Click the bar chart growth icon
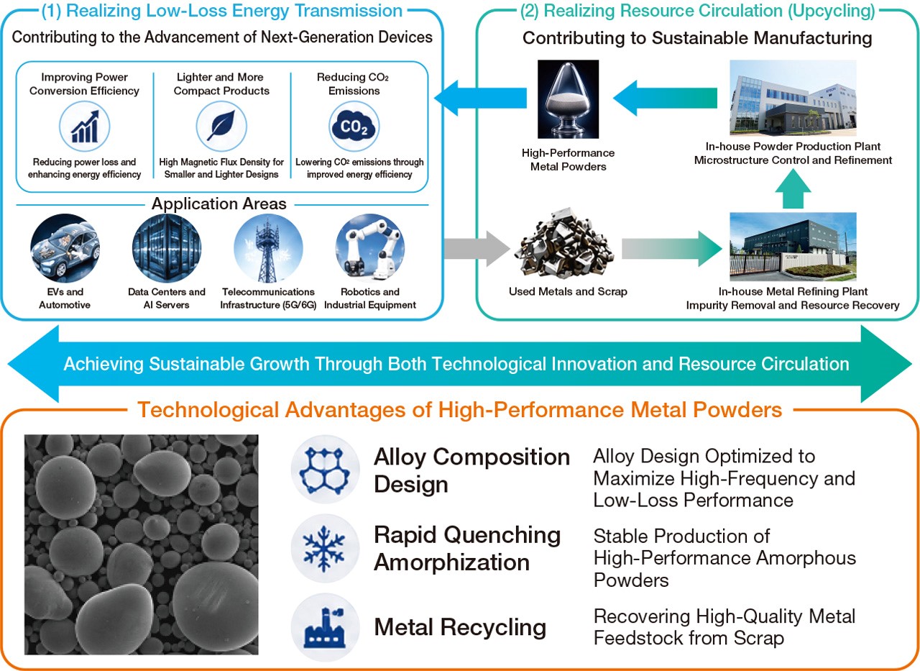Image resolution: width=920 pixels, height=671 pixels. (x=85, y=126)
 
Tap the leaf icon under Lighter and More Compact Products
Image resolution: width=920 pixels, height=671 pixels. (x=221, y=126)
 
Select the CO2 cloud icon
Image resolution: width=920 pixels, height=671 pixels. (x=354, y=126)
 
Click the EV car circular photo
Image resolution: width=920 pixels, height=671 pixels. (x=65, y=248)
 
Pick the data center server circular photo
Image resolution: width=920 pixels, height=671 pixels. (x=167, y=248)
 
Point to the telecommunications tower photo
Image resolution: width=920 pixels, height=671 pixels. (x=268, y=248)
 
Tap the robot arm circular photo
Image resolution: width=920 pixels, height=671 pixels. (x=370, y=248)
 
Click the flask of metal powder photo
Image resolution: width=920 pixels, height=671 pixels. (x=568, y=99)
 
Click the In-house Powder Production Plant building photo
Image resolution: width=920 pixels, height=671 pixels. (x=793, y=98)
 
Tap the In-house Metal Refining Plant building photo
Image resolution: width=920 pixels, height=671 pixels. (x=793, y=247)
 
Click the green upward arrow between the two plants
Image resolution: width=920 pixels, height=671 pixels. (x=793, y=189)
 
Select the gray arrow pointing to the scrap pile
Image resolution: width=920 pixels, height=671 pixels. (x=477, y=249)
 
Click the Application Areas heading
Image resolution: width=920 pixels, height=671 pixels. (x=219, y=204)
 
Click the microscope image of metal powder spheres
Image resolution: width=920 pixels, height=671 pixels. (x=142, y=544)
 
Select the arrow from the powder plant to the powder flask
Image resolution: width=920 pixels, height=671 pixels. (x=665, y=99)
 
